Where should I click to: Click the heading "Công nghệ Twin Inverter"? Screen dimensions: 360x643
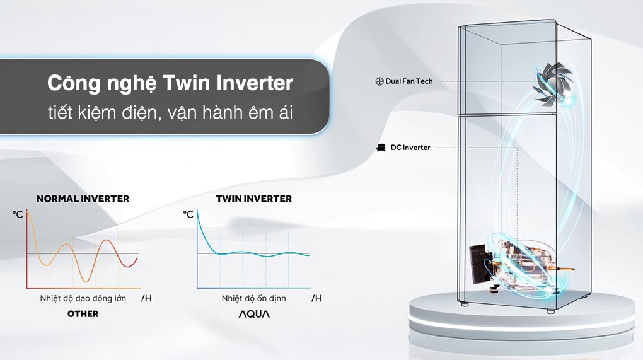coord(170,83)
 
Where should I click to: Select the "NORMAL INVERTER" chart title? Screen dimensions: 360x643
coord(83,199)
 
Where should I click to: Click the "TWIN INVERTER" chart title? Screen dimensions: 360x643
coord(254,199)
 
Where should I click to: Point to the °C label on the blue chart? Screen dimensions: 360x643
coord(188,215)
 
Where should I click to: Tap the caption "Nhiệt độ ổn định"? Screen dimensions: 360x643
coord(253,298)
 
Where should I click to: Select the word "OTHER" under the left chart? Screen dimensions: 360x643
coord(83,313)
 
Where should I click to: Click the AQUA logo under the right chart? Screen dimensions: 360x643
coord(253,313)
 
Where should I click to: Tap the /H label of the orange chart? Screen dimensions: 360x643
coord(146,298)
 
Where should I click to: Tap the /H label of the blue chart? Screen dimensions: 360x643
coord(316,298)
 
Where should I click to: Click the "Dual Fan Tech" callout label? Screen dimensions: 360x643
coord(409,82)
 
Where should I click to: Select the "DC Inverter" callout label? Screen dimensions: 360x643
coord(410,148)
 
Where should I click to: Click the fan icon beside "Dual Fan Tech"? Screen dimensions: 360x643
coord(379,82)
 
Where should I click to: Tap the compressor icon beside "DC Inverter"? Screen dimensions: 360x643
coord(380,148)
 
